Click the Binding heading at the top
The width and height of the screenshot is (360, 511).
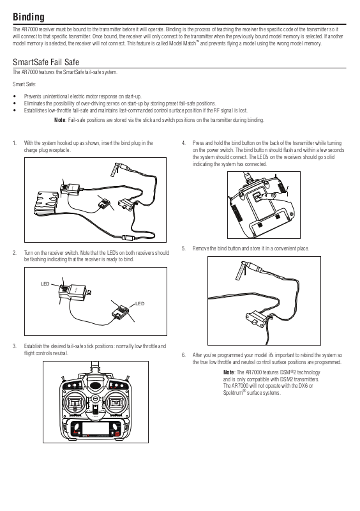(29, 17)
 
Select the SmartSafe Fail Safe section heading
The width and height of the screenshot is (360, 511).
(46, 62)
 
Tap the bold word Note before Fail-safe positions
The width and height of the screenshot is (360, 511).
(59, 120)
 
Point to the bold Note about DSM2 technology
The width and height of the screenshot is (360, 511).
(229, 372)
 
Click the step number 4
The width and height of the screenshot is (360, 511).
(184, 143)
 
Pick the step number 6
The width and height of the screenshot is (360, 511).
(184, 355)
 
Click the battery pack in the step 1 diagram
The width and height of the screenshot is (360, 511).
(47, 204)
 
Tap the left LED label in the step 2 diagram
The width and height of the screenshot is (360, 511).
(45, 284)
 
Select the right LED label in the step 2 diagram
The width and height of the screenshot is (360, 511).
(140, 304)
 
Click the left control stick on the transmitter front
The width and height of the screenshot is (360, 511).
(75, 402)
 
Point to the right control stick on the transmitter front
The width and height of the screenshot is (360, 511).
(116, 402)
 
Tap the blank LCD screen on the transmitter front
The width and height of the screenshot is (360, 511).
(95, 429)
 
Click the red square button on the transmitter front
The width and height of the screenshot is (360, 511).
(118, 434)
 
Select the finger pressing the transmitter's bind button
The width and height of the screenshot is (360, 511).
(268, 196)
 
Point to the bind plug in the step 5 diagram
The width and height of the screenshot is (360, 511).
(241, 270)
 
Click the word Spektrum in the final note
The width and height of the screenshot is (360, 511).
(233, 393)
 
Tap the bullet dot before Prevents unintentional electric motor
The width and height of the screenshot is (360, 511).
(14, 96)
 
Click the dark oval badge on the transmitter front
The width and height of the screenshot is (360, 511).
(95, 386)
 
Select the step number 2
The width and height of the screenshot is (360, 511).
(15, 253)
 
